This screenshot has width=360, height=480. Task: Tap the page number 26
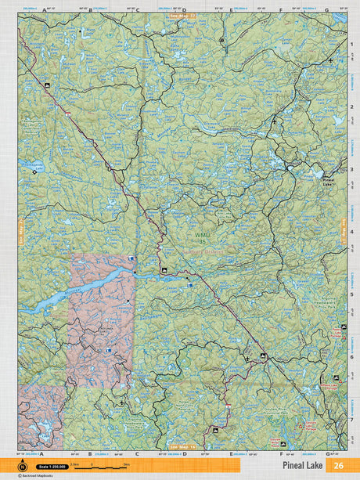click(x=338, y=465)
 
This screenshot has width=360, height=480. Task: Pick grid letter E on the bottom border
click(x=232, y=453)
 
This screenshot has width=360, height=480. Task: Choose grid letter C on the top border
click(x=137, y=10)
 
